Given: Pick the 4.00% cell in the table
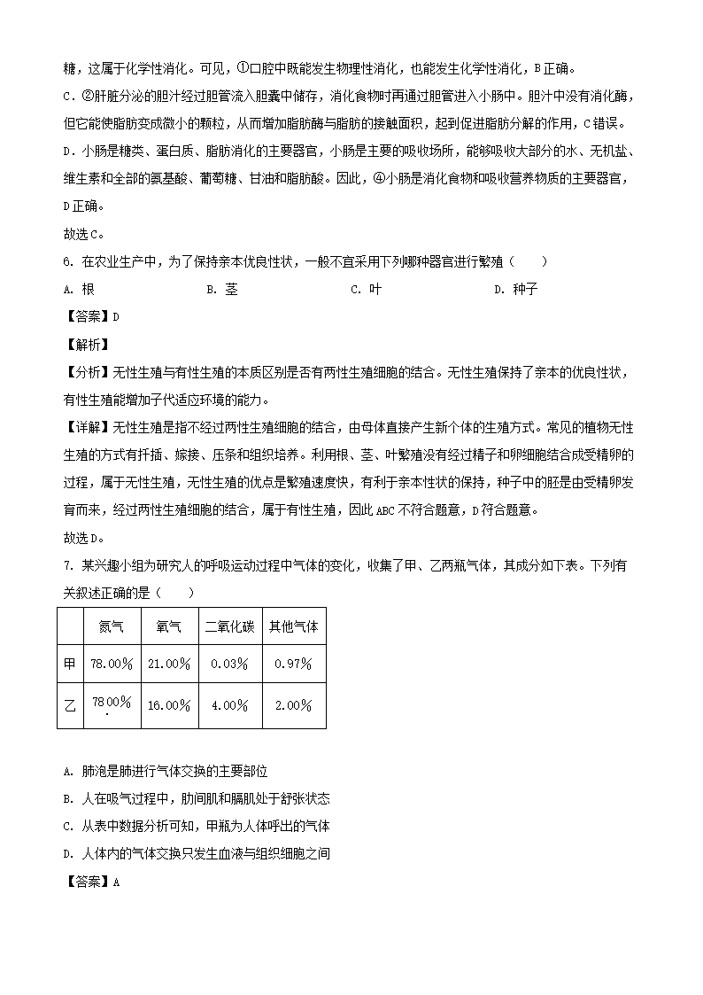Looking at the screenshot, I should pyautogui.click(x=230, y=706).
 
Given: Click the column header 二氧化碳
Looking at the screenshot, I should pyautogui.click(x=230, y=626).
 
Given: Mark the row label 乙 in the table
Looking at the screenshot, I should pyautogui.click(x=70, y=706).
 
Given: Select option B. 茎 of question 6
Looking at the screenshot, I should pyautogui.click(x=222, y=289).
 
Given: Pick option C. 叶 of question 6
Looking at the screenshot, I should pyautogui.click(x=367, y=289).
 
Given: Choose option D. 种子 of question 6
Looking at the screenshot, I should pyautogui.click(x=516, y=289).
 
